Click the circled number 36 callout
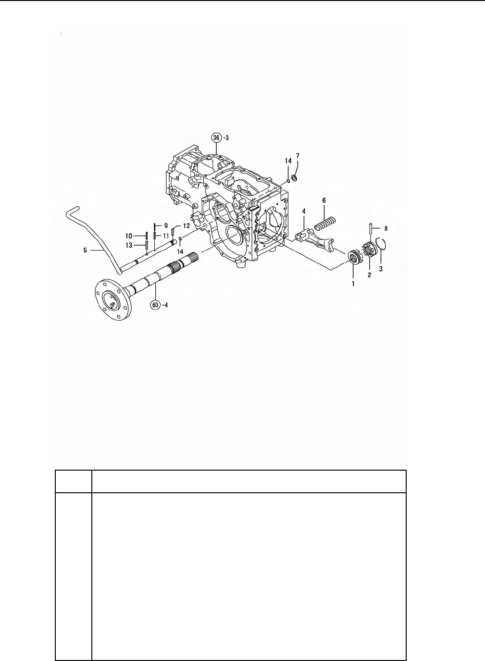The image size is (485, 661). tap(216, 138)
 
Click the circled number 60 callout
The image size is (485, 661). tap(155, 305)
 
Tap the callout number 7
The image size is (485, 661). tap(298, 155)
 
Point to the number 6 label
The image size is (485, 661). tap(324, 200)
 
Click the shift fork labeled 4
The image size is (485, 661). tap(315, 242)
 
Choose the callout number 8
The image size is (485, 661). tap(386, 228)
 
